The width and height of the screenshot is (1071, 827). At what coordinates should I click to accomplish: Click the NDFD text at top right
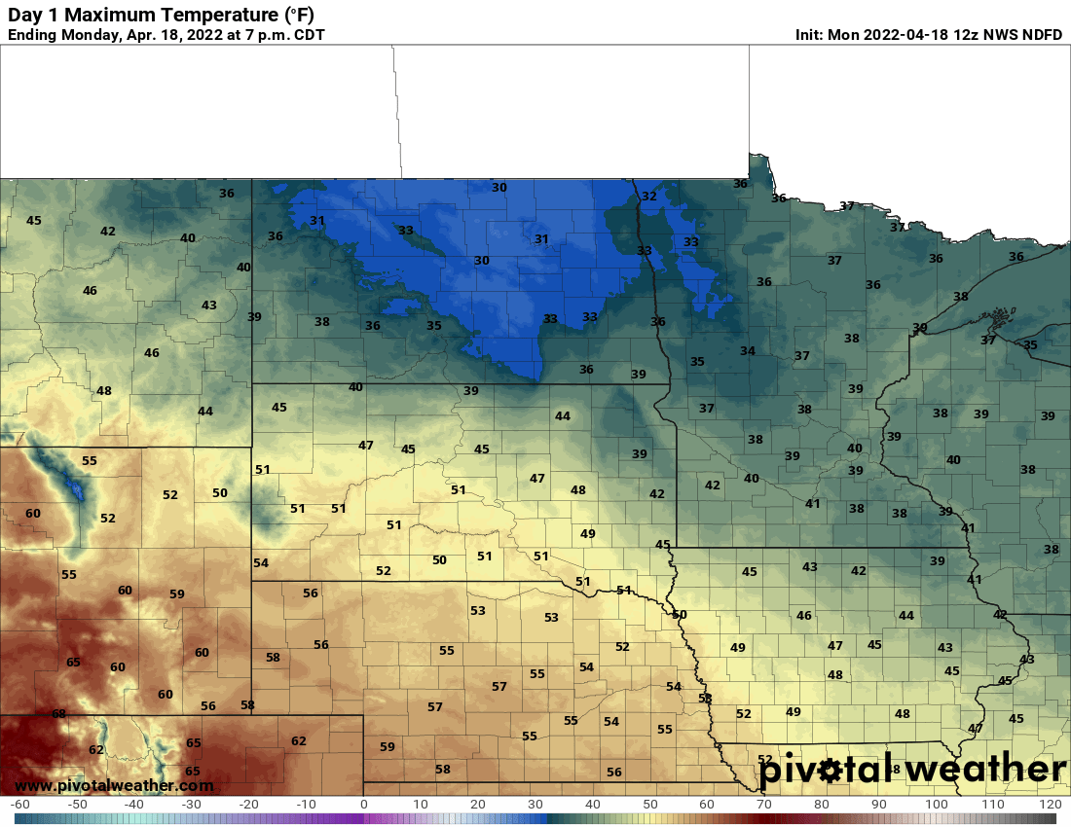tap(1040, 35)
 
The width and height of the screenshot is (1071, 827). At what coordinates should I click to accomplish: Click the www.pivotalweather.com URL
tap(114, 785)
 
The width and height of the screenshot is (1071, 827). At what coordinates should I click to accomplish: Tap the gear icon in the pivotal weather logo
tap(829, 771)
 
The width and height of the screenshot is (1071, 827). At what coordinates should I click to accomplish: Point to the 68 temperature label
tap(58, 714)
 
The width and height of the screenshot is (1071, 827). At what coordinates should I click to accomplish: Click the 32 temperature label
tap(648, 197)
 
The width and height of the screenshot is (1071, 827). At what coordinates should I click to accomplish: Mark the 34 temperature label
tap(747, 351)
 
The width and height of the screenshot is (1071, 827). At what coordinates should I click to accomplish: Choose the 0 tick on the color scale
tap(363, 806)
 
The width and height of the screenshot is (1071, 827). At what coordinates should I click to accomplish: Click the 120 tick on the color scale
tap(1050, 806)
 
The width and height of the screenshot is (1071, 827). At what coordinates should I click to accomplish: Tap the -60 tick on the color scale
tap(18, 806)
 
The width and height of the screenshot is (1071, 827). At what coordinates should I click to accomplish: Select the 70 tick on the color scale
tap(764, 806)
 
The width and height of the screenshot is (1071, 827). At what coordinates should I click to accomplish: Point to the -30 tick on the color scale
tap(191, 806)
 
